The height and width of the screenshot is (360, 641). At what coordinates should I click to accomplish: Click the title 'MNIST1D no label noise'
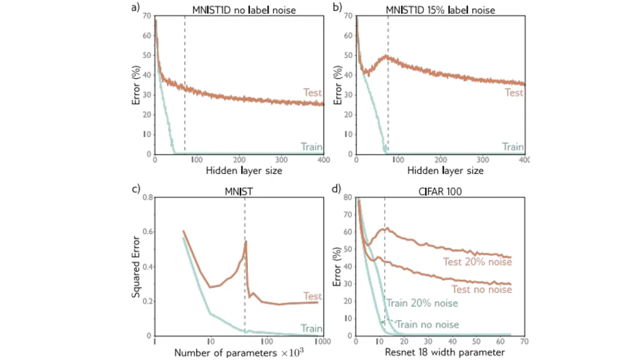coord(244,10)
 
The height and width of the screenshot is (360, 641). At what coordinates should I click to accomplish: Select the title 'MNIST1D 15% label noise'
coord(440,10)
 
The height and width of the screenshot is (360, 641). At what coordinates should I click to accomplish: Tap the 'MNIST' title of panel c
coord(238,192)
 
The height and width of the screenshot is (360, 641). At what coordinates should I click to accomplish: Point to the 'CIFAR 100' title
coord(440,192)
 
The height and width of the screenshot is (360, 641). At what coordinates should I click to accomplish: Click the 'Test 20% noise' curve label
coord(478,262)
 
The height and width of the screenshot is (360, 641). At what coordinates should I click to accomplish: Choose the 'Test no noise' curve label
coord(481,290)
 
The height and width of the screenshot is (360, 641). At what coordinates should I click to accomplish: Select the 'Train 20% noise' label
coord(422,303)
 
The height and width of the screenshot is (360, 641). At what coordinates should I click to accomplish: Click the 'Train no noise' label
coord(427,324)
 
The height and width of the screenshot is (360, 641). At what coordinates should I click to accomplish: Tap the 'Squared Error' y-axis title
coord(136,267)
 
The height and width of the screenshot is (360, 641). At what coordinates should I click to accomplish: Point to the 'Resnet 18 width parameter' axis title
coord(445,352)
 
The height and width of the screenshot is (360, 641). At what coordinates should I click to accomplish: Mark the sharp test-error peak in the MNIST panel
coord(245,242)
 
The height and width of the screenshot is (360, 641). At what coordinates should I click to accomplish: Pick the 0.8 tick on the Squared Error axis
coord(148,197)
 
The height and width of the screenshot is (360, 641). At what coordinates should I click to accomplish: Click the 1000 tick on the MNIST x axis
coord(322,342)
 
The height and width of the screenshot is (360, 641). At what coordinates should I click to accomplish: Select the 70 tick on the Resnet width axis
coord(525,341)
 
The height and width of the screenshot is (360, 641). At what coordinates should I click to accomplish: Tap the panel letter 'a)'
coord(135,8)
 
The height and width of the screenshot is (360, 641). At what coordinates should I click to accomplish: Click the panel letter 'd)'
coord(336,189)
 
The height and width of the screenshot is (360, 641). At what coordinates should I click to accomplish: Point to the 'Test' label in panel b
coord(514,93)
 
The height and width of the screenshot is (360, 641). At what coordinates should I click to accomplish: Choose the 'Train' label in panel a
coord(312,147)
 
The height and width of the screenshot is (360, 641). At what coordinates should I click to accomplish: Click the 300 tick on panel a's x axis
coord(281,160)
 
